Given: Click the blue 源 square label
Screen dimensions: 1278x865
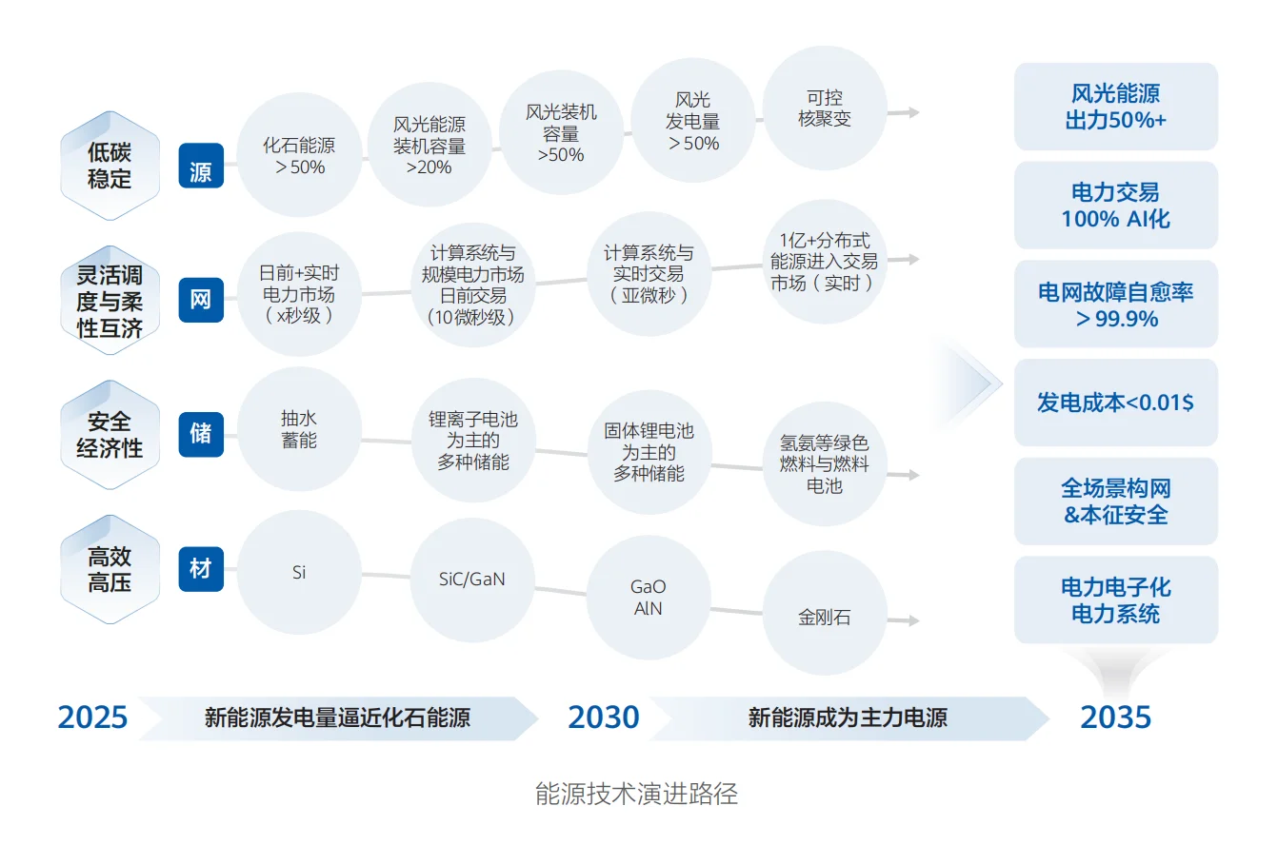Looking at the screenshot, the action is coord(201,167).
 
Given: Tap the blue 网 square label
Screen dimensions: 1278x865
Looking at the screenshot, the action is coord(201,300).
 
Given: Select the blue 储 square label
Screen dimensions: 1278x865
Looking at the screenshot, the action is coord(201,433).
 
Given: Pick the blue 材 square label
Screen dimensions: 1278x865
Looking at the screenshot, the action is coord(201,568).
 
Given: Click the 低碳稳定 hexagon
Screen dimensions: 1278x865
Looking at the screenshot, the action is coord(110,166).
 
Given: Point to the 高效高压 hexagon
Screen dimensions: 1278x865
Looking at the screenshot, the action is coord(110,569).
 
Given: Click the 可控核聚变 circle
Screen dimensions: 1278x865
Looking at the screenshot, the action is coord(825,108).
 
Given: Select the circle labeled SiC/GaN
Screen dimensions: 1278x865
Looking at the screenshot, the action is coord(472,580).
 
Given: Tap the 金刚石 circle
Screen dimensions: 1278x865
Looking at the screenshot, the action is coord(825,617).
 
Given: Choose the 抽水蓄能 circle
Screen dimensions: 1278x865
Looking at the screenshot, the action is coord(299,429).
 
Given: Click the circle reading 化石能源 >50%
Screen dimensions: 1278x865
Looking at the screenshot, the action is coord(299,155).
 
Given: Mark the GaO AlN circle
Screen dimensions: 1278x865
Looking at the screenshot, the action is coord(649,598).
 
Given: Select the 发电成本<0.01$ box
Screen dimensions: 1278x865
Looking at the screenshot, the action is coord(1115,403).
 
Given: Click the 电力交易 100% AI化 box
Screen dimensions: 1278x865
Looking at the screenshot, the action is coord(1115,206).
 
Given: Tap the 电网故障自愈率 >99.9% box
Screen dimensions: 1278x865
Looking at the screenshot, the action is coord(1115,305).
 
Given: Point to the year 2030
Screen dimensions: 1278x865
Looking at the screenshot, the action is coord(604,718).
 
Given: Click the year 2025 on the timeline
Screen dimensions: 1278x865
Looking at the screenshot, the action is coord(92,718).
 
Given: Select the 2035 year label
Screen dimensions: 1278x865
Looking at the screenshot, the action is coord(1115,718).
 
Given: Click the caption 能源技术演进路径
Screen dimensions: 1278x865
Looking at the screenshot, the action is coord(636,794).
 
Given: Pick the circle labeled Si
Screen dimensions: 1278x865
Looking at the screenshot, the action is coord(299,572).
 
